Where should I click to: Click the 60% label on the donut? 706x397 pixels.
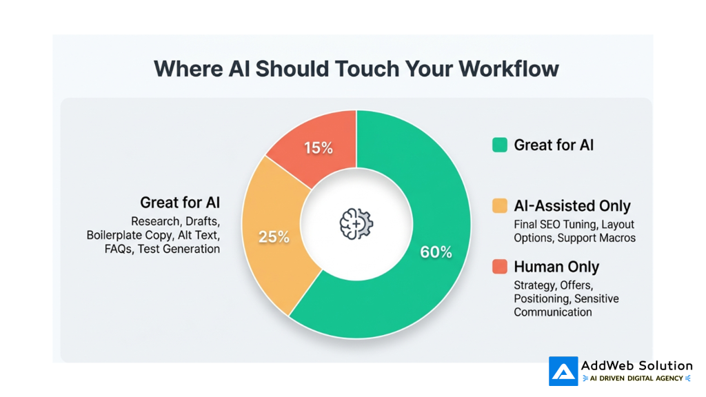436,252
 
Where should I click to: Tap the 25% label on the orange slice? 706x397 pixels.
274,237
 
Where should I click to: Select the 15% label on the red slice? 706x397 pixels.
319,148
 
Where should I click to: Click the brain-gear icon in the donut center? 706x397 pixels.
356,224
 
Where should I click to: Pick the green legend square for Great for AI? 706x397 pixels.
500,145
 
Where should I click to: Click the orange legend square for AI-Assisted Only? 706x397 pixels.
500,205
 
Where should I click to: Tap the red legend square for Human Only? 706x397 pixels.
500,267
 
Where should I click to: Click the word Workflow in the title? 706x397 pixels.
509,69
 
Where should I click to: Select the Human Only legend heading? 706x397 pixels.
556,267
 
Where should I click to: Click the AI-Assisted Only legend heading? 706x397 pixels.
572,205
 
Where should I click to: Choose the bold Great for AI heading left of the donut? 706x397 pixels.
180,203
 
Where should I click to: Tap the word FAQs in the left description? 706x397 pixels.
118,249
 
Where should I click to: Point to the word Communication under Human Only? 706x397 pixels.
552,312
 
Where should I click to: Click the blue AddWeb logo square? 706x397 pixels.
563,371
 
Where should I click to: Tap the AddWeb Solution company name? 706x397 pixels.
636,365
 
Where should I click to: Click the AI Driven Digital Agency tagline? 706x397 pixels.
636,378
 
